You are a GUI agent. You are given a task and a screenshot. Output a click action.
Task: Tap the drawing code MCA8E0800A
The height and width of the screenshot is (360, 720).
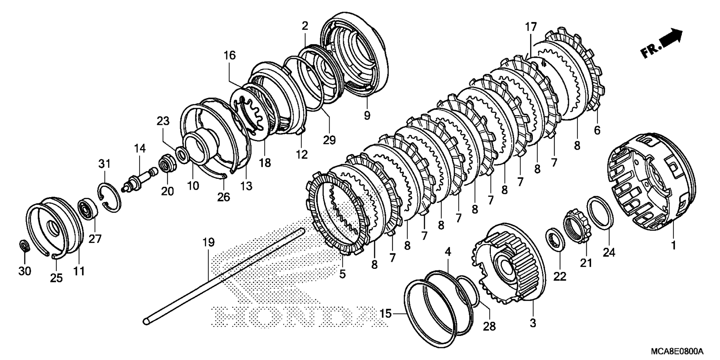point(677,351)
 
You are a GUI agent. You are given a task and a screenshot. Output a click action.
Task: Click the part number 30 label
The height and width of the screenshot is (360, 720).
point(25,270)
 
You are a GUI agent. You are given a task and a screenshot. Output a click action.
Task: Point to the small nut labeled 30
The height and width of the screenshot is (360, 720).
point(24,246)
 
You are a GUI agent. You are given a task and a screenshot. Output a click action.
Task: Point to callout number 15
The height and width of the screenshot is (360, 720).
point(387,313)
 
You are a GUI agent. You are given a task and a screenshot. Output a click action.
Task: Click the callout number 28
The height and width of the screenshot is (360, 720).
point(489,326)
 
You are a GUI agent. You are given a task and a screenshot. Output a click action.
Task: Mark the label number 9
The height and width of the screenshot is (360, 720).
point(367,115)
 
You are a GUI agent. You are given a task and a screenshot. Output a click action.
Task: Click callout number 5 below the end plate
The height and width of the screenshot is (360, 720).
point(342,274)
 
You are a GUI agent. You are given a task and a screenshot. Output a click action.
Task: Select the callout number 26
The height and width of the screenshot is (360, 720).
point(223,196)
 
